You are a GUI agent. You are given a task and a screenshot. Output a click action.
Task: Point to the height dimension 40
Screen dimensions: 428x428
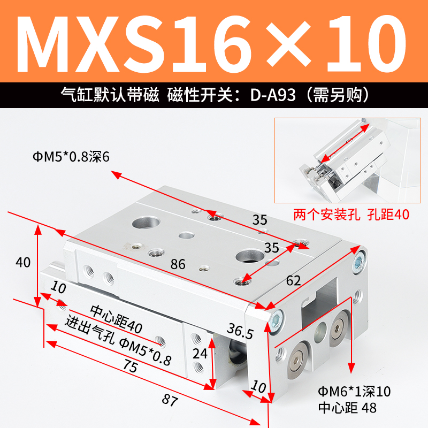point(23,263)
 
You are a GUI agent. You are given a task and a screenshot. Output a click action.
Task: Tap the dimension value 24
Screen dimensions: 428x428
point(199,353)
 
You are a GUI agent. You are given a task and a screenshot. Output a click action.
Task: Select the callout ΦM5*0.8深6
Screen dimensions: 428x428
point(70,157)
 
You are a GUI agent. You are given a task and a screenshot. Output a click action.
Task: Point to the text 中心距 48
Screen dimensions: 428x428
point(347,408)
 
